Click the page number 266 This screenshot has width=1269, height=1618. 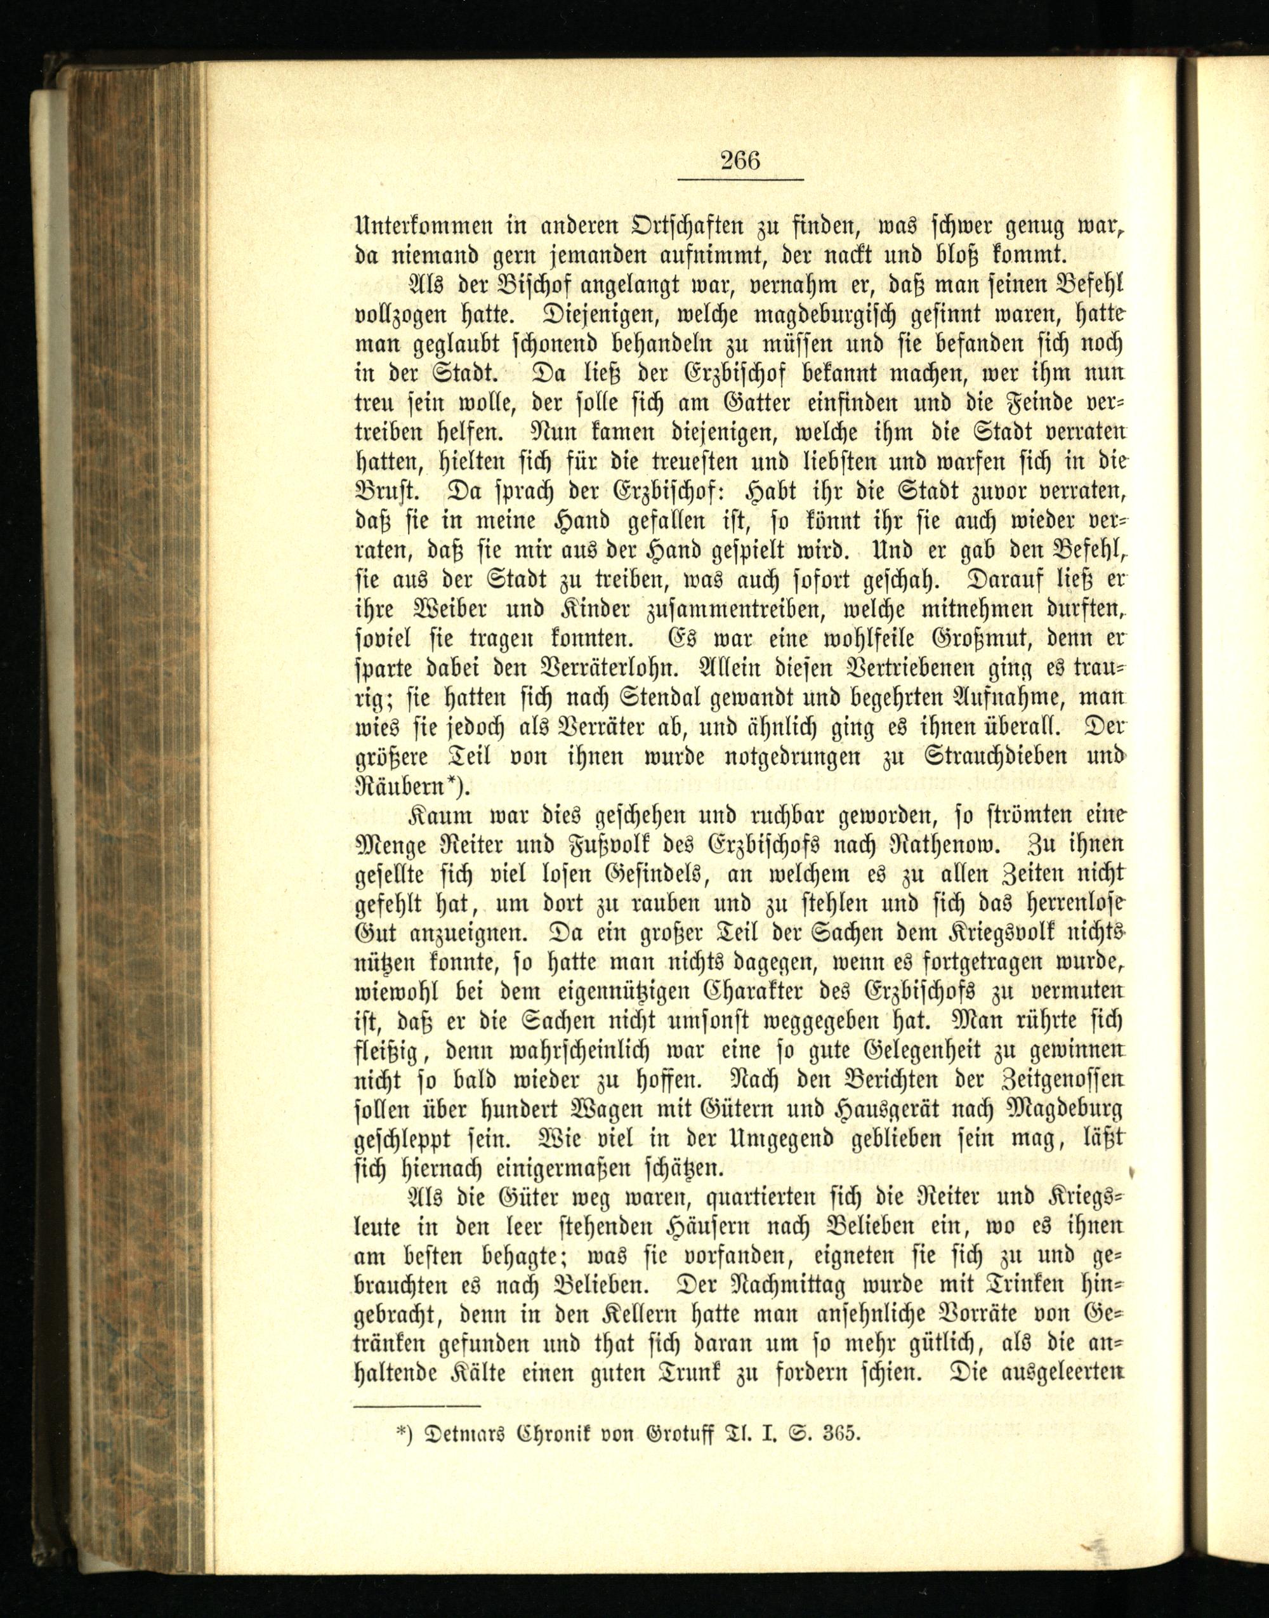pos(740,160)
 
